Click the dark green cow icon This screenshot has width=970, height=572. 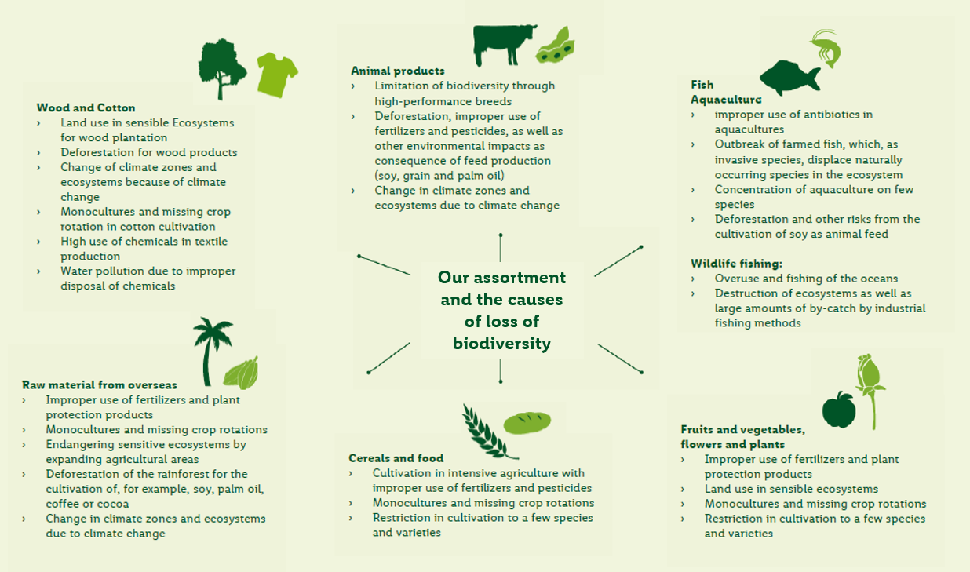(504, 45)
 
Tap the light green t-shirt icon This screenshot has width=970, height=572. (277, 75)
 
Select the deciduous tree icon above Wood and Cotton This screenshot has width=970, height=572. (222, 69)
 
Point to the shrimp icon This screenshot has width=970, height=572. (826, 49)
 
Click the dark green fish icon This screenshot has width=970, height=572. (790, 77)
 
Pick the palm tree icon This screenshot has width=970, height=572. (211, 351)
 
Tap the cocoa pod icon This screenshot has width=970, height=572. (241, 373)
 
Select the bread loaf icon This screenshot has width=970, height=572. (527, 423)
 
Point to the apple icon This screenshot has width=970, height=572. (839, 410)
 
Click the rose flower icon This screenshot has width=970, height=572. (870, 391)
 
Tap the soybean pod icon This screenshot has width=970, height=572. (556, 46)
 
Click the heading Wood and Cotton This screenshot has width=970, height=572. (86, 107)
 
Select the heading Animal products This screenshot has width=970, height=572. (398, 71)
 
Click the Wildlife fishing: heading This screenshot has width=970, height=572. (737, 264)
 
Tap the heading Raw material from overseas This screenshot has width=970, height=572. (100, 385)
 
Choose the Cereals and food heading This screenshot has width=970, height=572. (396, 458)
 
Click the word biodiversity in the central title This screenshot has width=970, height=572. (502, 344)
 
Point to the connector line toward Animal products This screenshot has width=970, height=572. (501, 248)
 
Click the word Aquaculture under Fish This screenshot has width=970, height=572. (726, 100)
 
